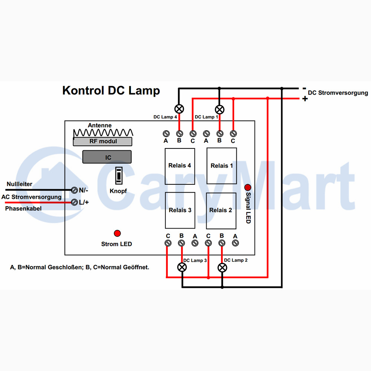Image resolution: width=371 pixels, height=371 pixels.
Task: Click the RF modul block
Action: (x=102, y=141)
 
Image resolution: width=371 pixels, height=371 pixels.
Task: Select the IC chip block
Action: (x=107, y=157)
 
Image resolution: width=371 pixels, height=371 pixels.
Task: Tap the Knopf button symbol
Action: (x=119, y=175)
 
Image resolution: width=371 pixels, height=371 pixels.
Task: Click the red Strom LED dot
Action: (x=117, y=233)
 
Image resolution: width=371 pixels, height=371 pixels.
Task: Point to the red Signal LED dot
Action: (x=248, y=187)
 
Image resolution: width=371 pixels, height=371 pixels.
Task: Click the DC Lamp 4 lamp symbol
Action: (x=179, y=109)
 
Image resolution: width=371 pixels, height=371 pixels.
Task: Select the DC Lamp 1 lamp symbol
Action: (x=220, y=109)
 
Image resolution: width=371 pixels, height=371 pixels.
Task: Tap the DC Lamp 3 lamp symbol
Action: (x=182, y=267)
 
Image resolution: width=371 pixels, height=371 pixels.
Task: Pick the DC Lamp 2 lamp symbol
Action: (x=222, y=268)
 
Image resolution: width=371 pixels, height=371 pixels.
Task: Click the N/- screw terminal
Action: (x=74, y=190)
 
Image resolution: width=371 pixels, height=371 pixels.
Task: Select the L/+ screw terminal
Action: (x=74, y=202)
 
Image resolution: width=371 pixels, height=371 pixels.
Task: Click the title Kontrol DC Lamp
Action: (x=111, y=91)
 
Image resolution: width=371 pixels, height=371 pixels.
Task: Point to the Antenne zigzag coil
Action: (x=103, y=133)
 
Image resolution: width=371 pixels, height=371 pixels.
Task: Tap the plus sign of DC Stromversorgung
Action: (x=305, y=98)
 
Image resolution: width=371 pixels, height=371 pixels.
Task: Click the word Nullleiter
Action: (x=19, y=184)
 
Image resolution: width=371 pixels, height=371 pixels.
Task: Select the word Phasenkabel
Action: (x=23, y=209)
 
